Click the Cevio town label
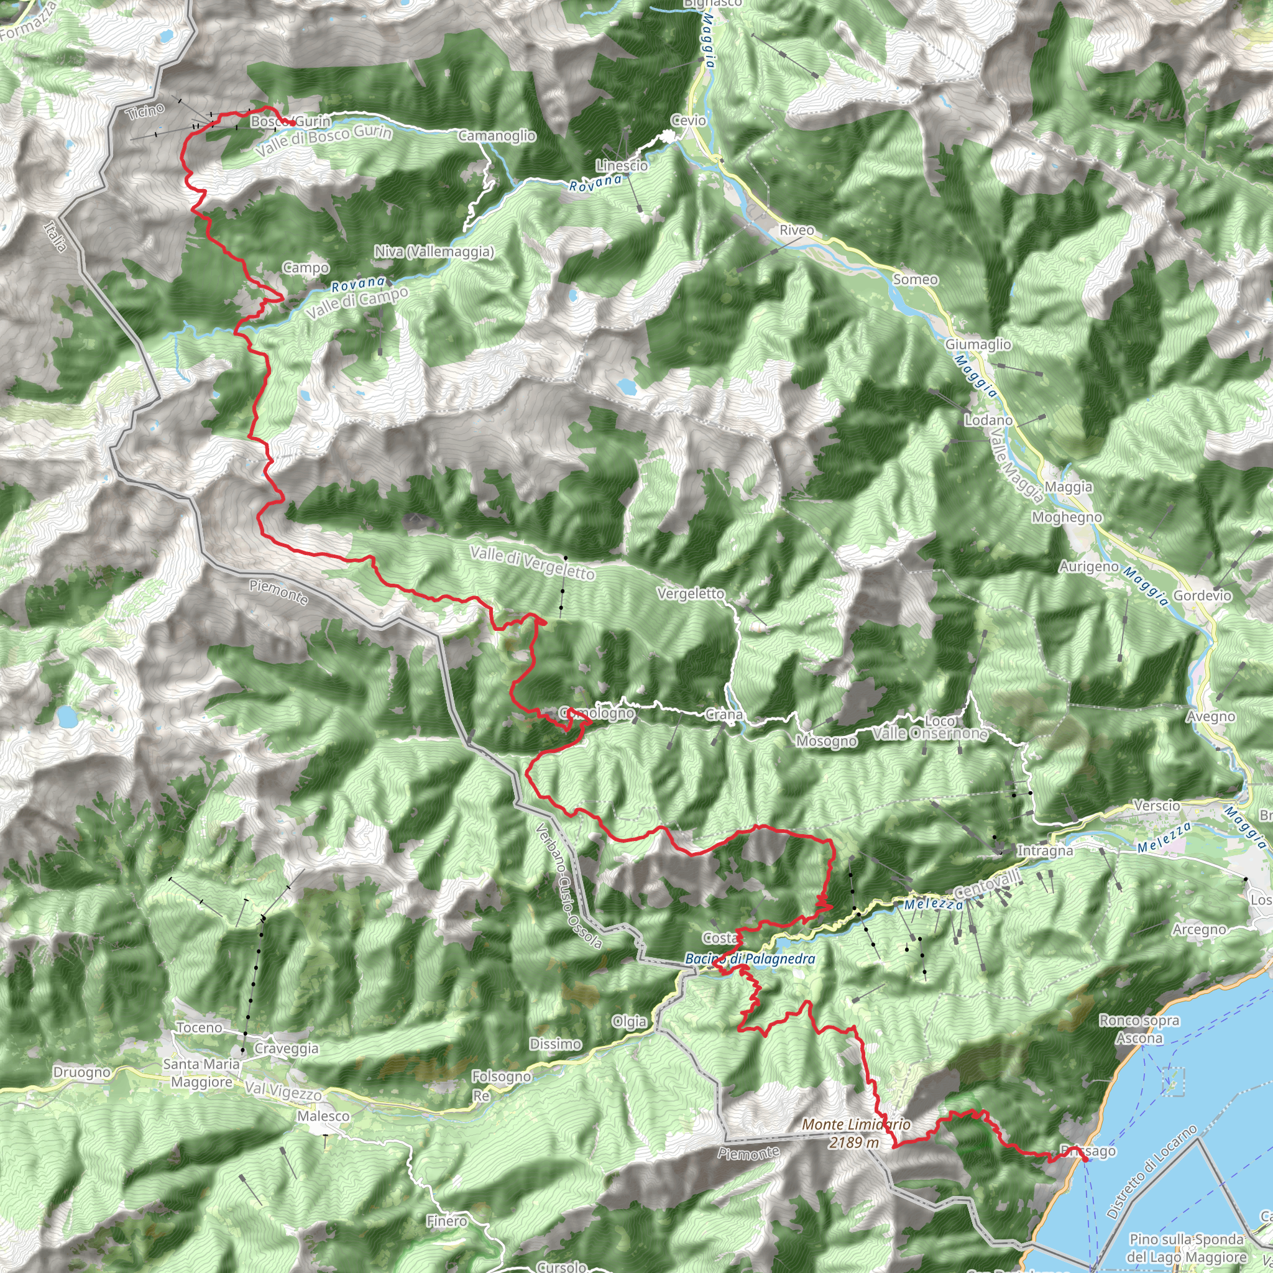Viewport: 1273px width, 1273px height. coord(689,121)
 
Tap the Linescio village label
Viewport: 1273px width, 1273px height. coord(622,165)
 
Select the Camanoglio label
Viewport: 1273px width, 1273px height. coord(497,136)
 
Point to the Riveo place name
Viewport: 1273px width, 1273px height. coord(797,230)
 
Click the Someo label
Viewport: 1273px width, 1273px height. coord(915,279)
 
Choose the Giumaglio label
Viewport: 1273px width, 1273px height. coord(978,344)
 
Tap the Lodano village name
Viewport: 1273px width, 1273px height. coord(988,420)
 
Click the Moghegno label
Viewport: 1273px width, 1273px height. coord(1067,517)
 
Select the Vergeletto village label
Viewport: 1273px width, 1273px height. coord(691,594)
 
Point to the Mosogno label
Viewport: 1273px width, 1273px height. coord(827,742)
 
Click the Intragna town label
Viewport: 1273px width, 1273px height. coord(1045,851)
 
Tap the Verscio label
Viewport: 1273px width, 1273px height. coord(1157,805)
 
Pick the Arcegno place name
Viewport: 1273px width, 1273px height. coord(1199,929)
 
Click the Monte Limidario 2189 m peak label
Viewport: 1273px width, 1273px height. coord(856,1133)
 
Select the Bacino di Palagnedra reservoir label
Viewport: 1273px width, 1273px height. coord(750,958)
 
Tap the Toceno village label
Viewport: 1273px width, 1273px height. coord(199,1027)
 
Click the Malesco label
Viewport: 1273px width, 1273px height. coord(323,1116)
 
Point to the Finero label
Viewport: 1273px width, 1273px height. coord(447,1221)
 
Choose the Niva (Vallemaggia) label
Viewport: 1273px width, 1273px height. coord(434,252)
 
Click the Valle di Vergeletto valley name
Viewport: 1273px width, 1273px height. coord(533,563)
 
